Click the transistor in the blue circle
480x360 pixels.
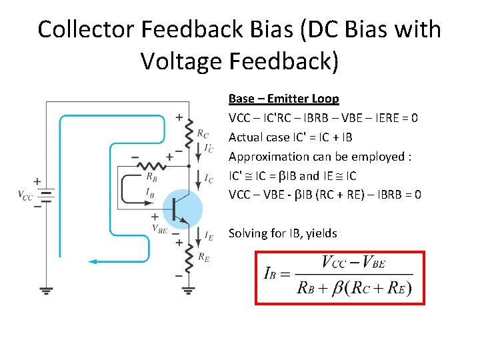181,209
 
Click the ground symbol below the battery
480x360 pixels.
46,290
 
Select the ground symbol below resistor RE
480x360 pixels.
189,290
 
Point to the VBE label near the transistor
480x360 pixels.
159,228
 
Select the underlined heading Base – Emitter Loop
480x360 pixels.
283,99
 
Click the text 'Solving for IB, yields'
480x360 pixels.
283,233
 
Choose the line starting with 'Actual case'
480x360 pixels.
290,137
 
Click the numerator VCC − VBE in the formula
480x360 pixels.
354,262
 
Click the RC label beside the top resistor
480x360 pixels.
203,133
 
